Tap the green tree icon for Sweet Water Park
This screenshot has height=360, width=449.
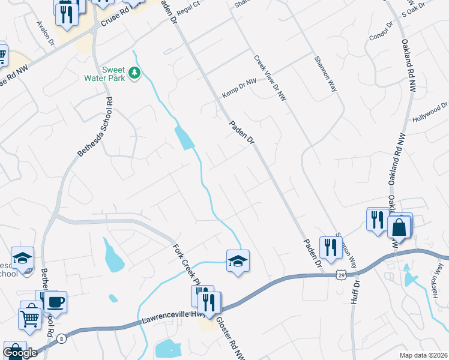tap(135, 73)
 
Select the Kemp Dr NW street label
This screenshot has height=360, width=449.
tap(239, 88)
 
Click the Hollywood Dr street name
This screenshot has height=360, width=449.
tap(430, 113)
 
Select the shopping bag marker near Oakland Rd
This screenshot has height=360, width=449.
tap(399, 228)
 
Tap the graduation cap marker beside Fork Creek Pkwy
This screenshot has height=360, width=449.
tap(238, 261)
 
